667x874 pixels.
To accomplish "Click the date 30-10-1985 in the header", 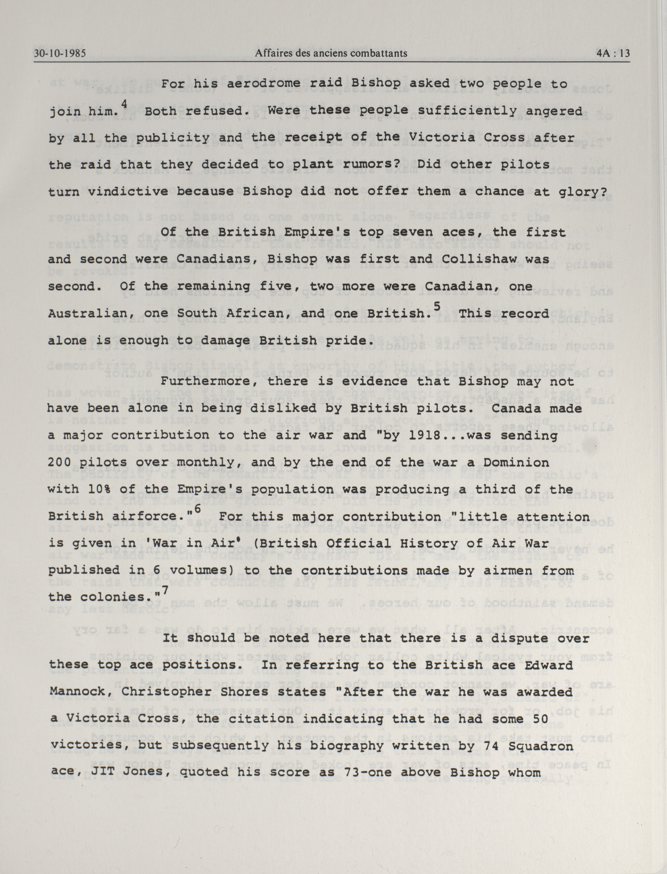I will click(60, 53).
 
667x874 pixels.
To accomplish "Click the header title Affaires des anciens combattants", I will click(331, 53).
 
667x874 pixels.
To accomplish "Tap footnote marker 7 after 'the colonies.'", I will click(165, 591).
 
